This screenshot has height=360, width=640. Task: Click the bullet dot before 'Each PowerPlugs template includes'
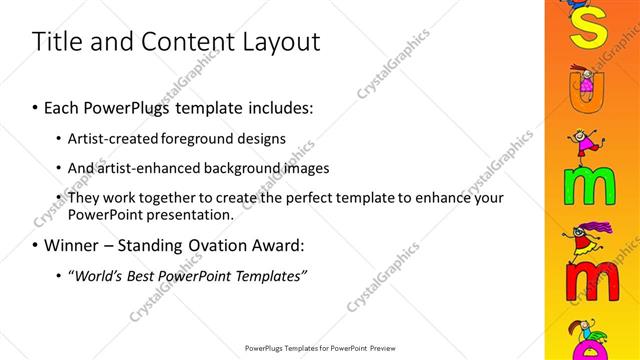[36, 106]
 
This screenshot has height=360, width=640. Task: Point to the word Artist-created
[109, 138]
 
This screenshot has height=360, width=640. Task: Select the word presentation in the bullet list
[188, 215]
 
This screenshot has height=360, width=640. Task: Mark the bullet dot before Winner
[36, 245]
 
